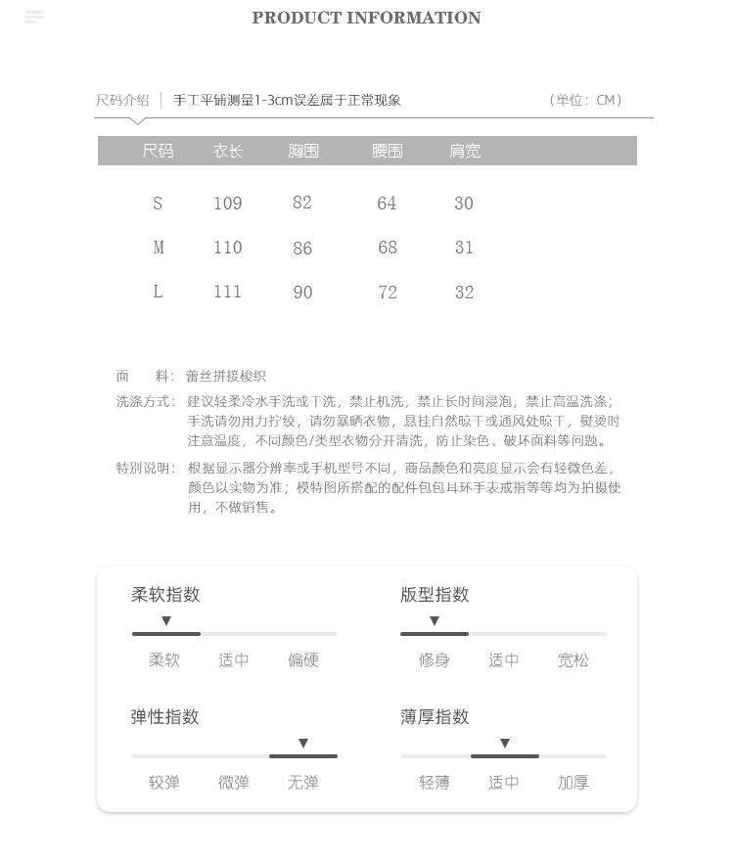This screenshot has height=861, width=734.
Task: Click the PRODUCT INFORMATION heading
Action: [x=366, y=18]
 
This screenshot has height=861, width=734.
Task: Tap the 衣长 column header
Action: [x=228, y=151]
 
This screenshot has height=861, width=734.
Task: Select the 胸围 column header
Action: [x=303, y=151]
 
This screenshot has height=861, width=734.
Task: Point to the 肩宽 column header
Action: [x=465, y=151]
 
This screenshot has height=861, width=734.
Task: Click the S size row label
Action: [x=158, y=204]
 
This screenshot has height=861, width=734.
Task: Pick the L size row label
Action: [x=158, y=292]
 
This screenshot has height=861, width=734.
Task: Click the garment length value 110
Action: [x=228, y=248]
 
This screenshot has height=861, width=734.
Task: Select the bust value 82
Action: [x=302, y=203]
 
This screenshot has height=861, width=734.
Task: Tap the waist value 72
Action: [x=388, y=293]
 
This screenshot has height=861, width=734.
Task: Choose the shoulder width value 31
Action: [x=464, y=248]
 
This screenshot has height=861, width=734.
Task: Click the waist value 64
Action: [x=387, y=204]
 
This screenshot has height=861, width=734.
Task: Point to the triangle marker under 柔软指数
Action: [x=166, y=621]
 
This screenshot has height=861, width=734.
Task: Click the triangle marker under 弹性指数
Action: [x=303, y=744]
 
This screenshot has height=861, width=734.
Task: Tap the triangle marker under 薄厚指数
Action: [x=505, y=744]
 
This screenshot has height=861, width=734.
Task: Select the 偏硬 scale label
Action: [x=303, y=660]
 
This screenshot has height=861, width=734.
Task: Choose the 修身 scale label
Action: [x=435, y=660]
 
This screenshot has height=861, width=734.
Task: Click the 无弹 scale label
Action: [x=303, y=783]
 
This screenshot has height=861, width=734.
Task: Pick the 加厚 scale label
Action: [x=573, y=783]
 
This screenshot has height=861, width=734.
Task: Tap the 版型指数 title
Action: [x=435, y=595]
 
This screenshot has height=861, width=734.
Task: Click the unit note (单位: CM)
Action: [x=585, y=100]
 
